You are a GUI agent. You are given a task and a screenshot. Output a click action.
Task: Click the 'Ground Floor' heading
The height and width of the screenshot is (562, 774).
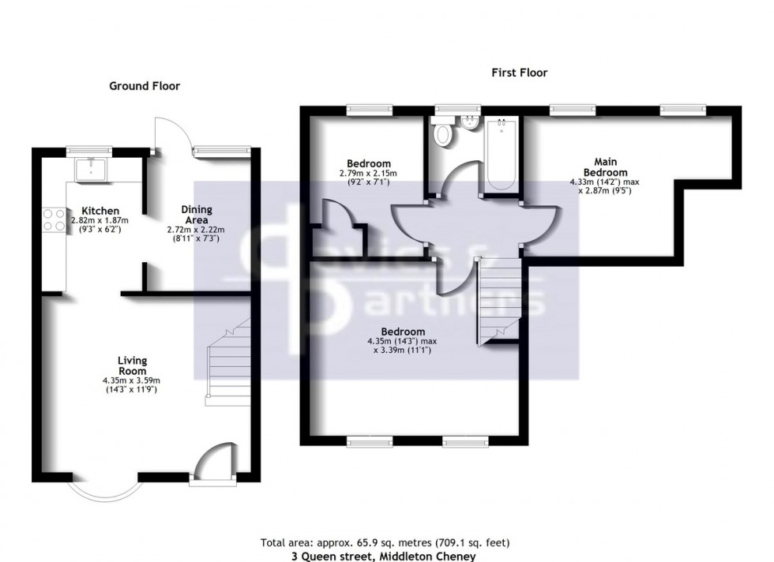click(x=144, y=86)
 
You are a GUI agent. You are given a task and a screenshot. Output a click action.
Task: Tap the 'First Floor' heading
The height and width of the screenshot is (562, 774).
click(x=520, y=73)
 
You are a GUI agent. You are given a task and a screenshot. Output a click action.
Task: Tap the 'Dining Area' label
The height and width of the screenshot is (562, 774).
click(x=196, y=215)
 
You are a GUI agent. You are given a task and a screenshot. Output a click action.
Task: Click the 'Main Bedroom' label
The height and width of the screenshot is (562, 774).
click(x=605, y=167)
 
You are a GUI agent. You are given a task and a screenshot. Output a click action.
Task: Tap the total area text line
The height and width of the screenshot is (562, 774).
click(x=385, y=542)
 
